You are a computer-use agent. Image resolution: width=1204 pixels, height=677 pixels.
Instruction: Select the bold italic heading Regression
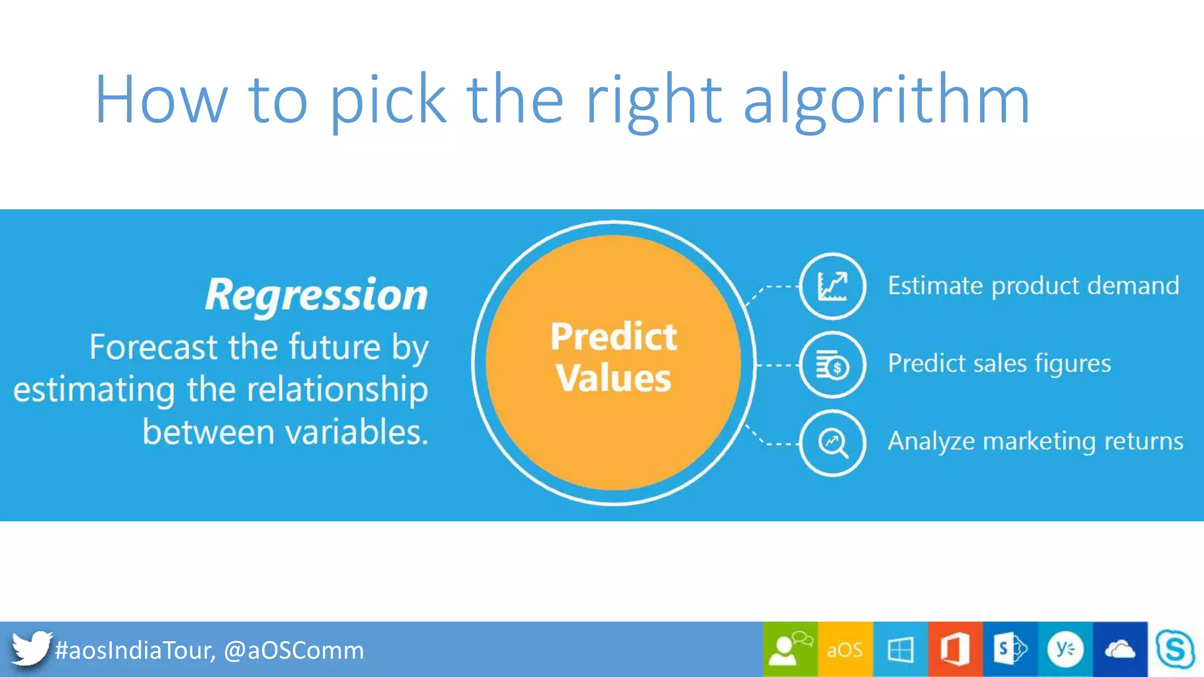tap(316, 295)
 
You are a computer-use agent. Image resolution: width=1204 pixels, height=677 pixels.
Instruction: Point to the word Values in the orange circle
tap(614, 378)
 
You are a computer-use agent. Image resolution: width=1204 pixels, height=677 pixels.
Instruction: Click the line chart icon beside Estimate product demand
tap(832, 286)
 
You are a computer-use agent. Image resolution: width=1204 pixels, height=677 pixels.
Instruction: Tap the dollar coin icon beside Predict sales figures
tap(832, 365)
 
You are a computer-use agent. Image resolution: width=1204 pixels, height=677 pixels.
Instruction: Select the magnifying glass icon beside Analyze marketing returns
tap(832, 443)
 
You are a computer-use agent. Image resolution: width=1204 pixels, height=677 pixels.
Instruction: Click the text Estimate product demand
tap(1033, 286)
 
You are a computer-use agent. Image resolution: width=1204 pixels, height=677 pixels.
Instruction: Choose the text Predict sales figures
tap(999, 364)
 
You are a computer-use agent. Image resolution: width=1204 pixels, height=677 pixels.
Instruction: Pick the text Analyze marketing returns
tap(1035, 441)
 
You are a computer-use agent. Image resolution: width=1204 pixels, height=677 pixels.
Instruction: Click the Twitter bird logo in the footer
tap(31, 649)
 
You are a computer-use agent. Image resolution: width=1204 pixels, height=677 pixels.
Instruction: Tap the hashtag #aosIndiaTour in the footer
tap(135, 650)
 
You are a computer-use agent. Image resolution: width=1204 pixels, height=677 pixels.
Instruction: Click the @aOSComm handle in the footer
tap(293, 650)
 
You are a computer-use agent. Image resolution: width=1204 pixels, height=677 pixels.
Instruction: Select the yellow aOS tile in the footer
tap(845, 649)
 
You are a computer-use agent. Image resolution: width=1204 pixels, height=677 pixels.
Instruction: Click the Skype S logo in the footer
tap(1175, 649)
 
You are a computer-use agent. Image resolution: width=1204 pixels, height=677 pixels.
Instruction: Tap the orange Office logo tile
tap(955, 649)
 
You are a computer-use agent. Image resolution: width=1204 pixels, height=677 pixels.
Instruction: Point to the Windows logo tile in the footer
tap(900, 649)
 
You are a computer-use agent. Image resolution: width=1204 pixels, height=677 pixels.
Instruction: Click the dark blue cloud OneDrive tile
tap(1119, 649)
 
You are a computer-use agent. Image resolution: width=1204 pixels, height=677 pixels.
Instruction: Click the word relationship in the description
tap(337, 390)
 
